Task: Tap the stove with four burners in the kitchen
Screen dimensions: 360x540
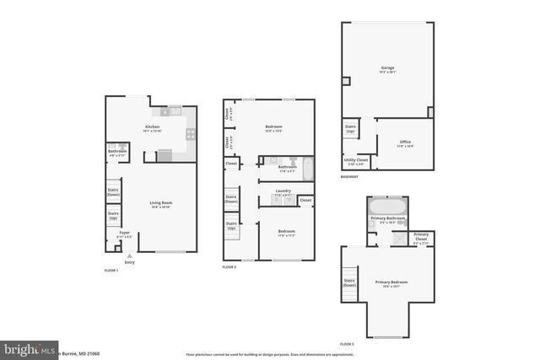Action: (x=191, y=133)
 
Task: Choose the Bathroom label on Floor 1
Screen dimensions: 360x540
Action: (x=117, y=153)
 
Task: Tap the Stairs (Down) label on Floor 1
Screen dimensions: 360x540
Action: (x=113, y=192)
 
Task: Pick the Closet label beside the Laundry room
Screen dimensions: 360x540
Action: (x=305, y=201)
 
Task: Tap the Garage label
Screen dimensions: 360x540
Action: (x=387, y=69)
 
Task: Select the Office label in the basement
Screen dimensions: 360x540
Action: (x=405, y=142)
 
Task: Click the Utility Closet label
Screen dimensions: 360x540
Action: (x=355, y=161)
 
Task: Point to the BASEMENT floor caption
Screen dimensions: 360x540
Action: (x=349, y=177)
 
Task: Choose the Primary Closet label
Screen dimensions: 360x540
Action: (x=421, y=238)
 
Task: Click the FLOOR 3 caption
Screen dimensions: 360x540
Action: (x=347, y=345)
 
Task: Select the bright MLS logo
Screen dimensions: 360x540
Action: (x=28, y=348)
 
